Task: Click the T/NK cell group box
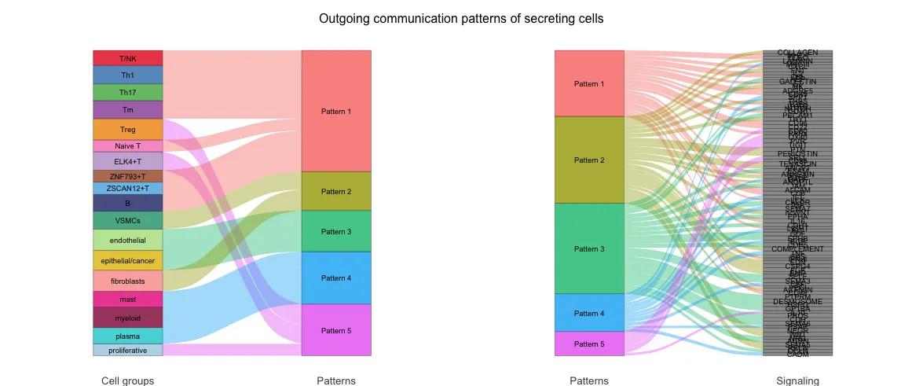pyautogui.click(x=127, y=58)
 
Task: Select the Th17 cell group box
pyautogui.click(x=127, y=92)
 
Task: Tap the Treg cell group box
pyautogui.click(x=127, y=130)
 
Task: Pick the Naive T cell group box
pyautogui.click(x=127, y=146)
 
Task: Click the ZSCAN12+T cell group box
pyautogui.click(x=127, y=189)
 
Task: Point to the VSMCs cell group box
pyautogui.click(x=127, y=220)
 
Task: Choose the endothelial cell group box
pyautogui.click(x=127, y=240)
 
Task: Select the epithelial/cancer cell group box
pyautogui.click(x=127, y=260)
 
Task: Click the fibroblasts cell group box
pyautogui.click(x=127, y=281)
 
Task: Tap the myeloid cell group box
pyautogui.click(x=127, y=318)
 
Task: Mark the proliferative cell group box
pyautogui.click(x=127, y=351)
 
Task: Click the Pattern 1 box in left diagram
pyautogui.click(x=336, y=111)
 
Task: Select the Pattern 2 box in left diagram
pyautogui.click(x=336, y=191)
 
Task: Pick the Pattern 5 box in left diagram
pyautogui.click(x=336, y=330)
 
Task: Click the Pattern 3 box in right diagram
pyautogui.click(x=589, y=248)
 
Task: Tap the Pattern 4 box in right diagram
pyautogui.click(x=589, y=313)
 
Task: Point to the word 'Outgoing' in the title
pyautogui.click(x=344, y=19)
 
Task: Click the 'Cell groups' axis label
pyautogui.click(x=127, y=380)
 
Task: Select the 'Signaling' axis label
pyautogui.click(x=797, y=380)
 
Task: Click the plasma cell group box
pyautogui.click(x=127, y=336)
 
